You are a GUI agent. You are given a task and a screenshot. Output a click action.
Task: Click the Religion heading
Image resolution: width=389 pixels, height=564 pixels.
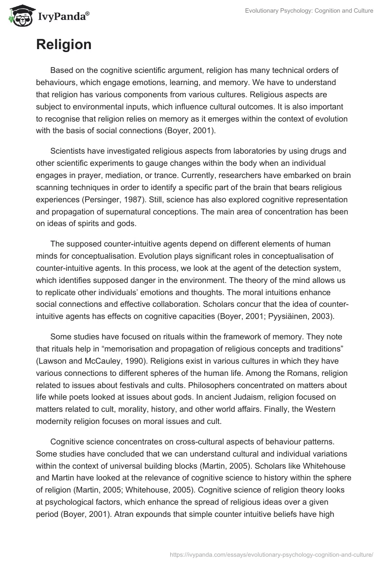[64, 45]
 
